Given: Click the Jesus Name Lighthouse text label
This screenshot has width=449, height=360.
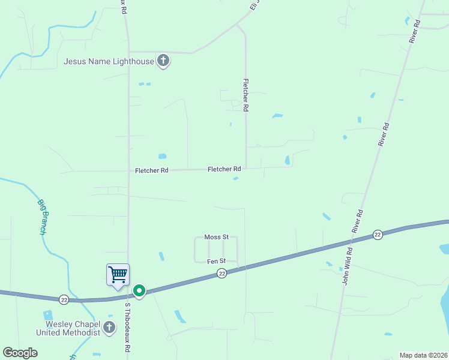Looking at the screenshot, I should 109,61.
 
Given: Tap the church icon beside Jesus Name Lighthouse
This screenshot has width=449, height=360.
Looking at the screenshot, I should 163,61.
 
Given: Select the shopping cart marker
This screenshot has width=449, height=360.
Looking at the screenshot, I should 118,275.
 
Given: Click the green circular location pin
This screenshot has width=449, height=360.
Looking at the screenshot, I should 139,291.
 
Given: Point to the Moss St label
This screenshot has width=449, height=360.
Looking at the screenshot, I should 216,237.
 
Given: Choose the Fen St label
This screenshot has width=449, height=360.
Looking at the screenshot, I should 216,261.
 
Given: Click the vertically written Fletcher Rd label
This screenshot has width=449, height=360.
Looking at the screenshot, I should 246,96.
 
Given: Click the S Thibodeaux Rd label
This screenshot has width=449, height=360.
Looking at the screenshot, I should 127,326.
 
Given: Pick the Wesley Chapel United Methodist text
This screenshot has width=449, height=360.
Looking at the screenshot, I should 68,328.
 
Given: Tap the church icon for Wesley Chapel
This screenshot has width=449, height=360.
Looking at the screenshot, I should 109,328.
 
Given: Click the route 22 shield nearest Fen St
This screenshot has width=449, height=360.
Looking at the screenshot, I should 221,274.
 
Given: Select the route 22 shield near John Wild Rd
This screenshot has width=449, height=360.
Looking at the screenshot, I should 377,234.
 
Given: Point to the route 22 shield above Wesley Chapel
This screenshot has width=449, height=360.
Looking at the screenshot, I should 64,299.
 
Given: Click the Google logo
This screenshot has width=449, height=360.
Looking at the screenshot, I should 20,353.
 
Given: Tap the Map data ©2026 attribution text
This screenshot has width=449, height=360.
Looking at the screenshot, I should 423,355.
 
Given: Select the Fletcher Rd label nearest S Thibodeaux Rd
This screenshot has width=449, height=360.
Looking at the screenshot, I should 152,170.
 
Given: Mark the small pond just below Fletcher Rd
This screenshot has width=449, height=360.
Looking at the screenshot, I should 236,178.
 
